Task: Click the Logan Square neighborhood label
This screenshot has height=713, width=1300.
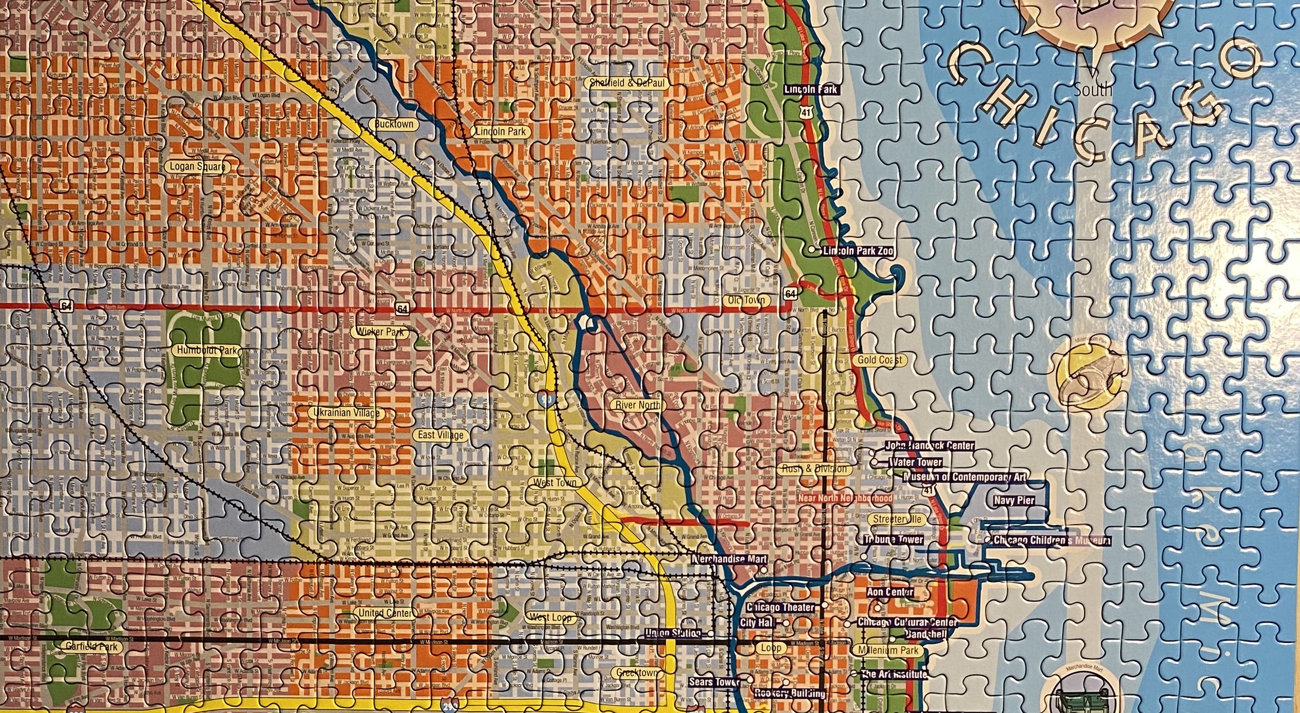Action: [197, 167]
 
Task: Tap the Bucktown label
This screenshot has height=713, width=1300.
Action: [394, 125]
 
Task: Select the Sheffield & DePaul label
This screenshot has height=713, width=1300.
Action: [627, 83]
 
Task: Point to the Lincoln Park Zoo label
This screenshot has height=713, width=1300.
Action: [858, 251]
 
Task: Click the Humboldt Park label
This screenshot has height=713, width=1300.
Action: [206, 350]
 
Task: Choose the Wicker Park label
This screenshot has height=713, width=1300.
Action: [380, 332]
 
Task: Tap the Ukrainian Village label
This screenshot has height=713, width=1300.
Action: [346, 413]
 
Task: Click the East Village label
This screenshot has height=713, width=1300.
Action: [441, 435]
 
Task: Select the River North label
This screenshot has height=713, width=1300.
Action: [638, 405]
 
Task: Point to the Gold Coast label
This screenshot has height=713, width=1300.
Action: [879, 360]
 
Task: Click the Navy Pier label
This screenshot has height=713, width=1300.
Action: [1013, 500]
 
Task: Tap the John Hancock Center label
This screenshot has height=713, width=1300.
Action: [929, 445]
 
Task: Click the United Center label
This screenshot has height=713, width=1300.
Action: [385, 613]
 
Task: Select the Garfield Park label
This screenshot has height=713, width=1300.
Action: [91, 647]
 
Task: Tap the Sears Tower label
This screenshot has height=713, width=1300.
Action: [714, 682]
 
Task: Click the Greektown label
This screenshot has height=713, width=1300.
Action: [638, 673]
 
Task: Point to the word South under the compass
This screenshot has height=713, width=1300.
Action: [1093, 90]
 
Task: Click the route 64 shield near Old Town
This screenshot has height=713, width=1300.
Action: [790, 293]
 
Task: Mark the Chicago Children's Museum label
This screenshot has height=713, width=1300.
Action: [1051, 540]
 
